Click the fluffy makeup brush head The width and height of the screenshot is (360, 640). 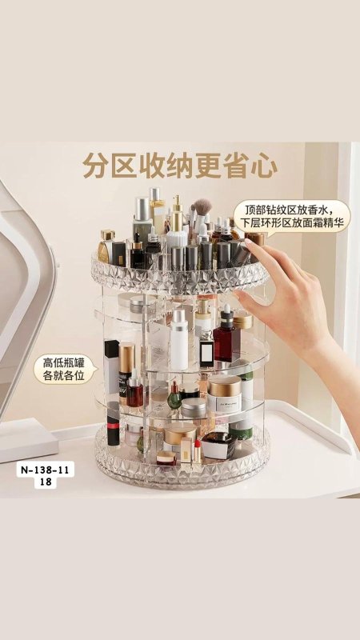pyautogui.click(x=202, y=206)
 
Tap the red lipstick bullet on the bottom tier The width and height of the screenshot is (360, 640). pyautogui.click(x=198, y=444)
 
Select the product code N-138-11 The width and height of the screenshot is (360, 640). pyautogui.click(x=46, y=470)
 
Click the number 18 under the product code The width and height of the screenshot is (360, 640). pyautogui.click(x=46, y=482)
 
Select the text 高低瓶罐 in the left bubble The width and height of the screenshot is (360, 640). pyautogui.click(x=64, y=362)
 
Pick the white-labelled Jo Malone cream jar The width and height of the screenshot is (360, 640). pyautogui.click(x=224, y=394)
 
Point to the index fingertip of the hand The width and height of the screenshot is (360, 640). pyautogui.click(x=249, y=243)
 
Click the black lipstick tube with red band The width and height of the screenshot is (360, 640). pyautogui.click(x=113, y=424)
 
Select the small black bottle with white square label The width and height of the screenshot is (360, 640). pyautogui.click(x=206, y=348)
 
